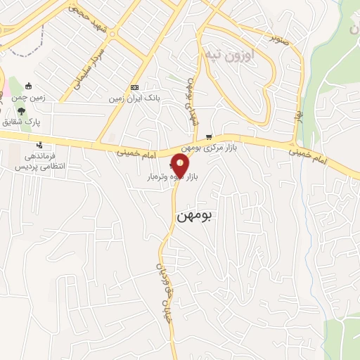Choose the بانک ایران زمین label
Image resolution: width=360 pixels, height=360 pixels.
134,98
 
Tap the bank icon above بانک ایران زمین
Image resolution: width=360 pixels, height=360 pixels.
134,86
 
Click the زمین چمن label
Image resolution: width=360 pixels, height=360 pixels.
30,98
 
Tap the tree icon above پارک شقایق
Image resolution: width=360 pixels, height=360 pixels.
22,111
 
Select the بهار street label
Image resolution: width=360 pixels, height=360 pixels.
299,112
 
